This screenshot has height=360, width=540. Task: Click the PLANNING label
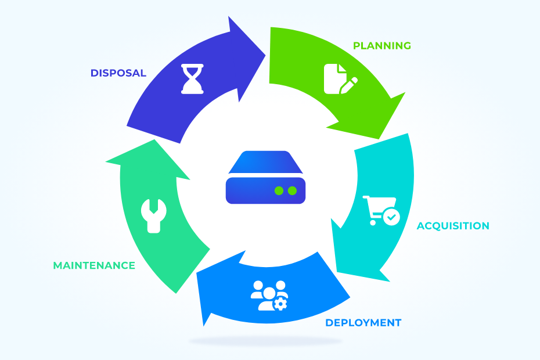(382, 45)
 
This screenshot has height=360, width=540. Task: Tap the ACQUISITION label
(453, 226)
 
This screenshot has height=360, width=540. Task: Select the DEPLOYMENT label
(363, 323)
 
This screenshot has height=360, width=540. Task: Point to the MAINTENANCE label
(94, 265)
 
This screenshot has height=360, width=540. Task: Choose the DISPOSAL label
(118, 73)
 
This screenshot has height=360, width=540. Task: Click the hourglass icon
(192, 79)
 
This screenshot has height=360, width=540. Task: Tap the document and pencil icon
(340, 79)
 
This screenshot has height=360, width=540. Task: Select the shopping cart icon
(380, 210)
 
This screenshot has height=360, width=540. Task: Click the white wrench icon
(153, 215)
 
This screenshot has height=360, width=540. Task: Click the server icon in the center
(265, 177)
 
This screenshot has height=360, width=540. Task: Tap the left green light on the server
(279, 190)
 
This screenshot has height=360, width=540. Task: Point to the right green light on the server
(293, 190)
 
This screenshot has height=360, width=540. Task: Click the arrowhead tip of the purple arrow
(265, 56)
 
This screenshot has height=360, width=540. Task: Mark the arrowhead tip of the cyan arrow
(388, 281)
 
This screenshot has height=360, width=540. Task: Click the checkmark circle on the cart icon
(392, 217)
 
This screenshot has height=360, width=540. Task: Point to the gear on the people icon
(280, 303)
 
